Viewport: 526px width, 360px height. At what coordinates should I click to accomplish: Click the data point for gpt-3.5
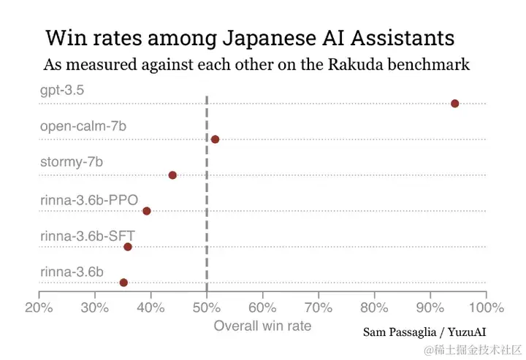[x=454, y=104]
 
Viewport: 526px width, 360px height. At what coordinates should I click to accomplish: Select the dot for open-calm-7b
[x=215, y=139]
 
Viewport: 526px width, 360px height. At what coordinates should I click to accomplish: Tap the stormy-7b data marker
[x=172, y=175]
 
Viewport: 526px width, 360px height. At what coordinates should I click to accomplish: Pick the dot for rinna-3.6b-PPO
[x=147, y=211]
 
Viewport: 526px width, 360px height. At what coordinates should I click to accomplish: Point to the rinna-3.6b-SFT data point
[x=128, y=247]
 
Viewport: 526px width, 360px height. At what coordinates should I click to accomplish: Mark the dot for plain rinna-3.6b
[x=123, y=283]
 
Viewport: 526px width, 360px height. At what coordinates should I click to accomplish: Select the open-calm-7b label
[x=83, y=126]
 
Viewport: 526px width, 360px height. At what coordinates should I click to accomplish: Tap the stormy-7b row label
[x=72, y=162]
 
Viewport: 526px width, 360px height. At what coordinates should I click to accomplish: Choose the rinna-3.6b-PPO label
[x=89, y=198]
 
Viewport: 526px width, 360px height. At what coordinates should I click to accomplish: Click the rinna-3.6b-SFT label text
[x=88, y=234]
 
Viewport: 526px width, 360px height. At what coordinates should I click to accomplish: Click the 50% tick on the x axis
[x=207, y=307]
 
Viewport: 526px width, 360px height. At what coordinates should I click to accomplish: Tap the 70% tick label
[x=319, y=307]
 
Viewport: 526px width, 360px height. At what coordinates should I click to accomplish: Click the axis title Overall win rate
[x=262, y=326]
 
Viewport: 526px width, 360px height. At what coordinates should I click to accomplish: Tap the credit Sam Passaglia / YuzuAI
[x=424, y=332]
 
